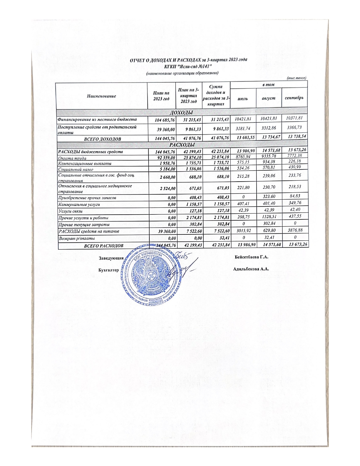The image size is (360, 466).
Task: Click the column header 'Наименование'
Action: [x=102, y=96]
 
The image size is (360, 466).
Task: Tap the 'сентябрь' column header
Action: [x=294, y=98]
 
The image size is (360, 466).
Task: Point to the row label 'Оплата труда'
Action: [x=72, y=158]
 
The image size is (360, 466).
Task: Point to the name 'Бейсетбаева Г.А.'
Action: [x=251, y=257]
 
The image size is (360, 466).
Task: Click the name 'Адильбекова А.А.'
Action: [x=251, y=269]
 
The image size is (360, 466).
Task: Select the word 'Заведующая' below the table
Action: [x=111, y=258]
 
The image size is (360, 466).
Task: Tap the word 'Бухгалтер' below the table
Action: [x=108, y=270]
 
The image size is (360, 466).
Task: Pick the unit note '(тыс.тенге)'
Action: [x=296, y=78]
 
